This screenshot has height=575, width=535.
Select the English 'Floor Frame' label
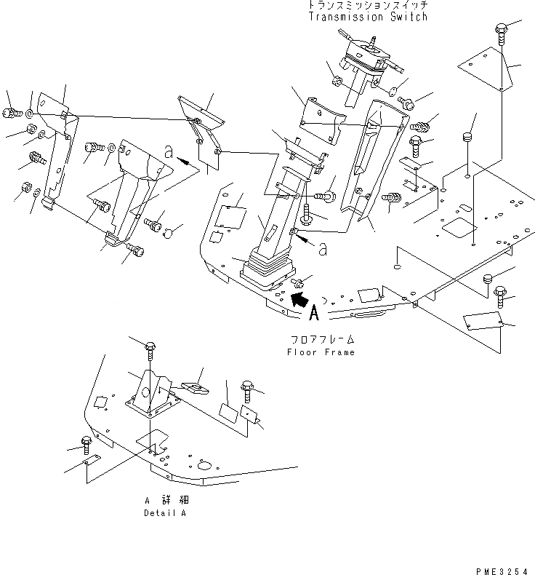coord(320,352)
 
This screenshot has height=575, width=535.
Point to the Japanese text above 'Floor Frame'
coord(320,340)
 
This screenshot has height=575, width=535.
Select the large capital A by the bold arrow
coord(314,313)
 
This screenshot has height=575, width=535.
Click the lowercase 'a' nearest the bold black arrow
coord(321,250)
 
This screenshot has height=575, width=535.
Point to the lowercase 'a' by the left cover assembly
coord(169,152)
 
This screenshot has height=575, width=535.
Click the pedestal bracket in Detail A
coord(150,393)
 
